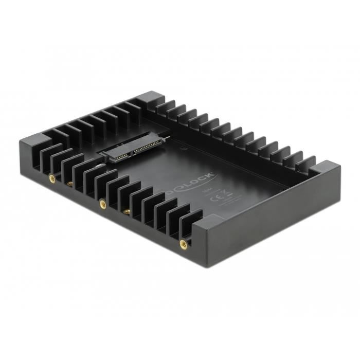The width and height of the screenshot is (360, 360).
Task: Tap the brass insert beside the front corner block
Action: click(183, 244)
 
